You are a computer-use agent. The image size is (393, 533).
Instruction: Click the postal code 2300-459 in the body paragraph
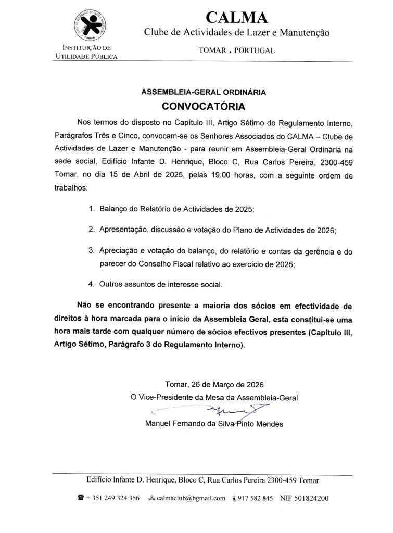coord(338,161)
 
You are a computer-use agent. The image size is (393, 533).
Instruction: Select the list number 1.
coord(92,209)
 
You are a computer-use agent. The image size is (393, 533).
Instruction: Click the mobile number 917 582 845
coord(255,498)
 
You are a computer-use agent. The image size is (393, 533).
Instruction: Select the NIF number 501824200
coord(311,498)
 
